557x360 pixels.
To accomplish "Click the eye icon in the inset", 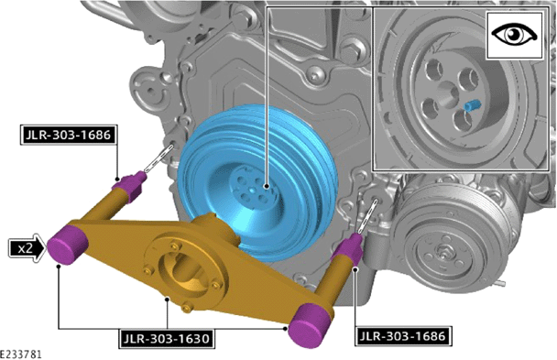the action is (514, 35).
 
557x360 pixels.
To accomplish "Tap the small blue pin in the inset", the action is (473, 105).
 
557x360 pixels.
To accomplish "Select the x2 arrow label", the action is (27, 248).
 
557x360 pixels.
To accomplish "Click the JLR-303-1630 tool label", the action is (167, 339).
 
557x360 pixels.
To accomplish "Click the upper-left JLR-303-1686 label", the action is (68, 135).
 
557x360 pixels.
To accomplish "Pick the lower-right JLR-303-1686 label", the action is (403, 336).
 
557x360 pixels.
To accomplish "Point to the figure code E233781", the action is (20, 355).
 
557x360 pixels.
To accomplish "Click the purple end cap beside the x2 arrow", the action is (68, 245).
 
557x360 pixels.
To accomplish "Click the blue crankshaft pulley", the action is (257, 182).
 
